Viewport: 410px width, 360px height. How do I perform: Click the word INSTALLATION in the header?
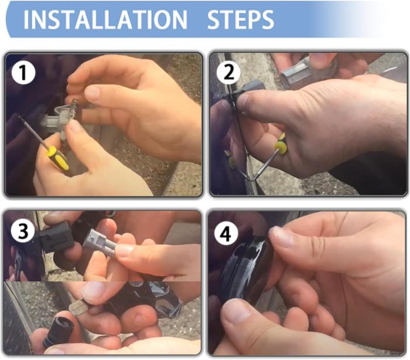[105, 19]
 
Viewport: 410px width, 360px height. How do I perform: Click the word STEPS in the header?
[240, 19]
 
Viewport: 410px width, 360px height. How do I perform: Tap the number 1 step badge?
[23, 73]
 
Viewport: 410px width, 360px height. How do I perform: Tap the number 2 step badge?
[229, 73]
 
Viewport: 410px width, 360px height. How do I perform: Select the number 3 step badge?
[23, 231]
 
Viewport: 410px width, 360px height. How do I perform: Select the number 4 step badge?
[226, 234]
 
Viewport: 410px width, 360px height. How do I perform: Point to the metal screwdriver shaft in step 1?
[33, 133]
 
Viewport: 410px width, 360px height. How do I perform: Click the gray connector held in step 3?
[99, 243]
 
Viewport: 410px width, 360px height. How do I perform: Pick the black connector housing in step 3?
[56, 237]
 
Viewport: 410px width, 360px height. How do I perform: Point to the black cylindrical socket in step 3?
[59, 331]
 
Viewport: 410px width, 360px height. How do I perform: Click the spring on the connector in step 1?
[76, 105]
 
